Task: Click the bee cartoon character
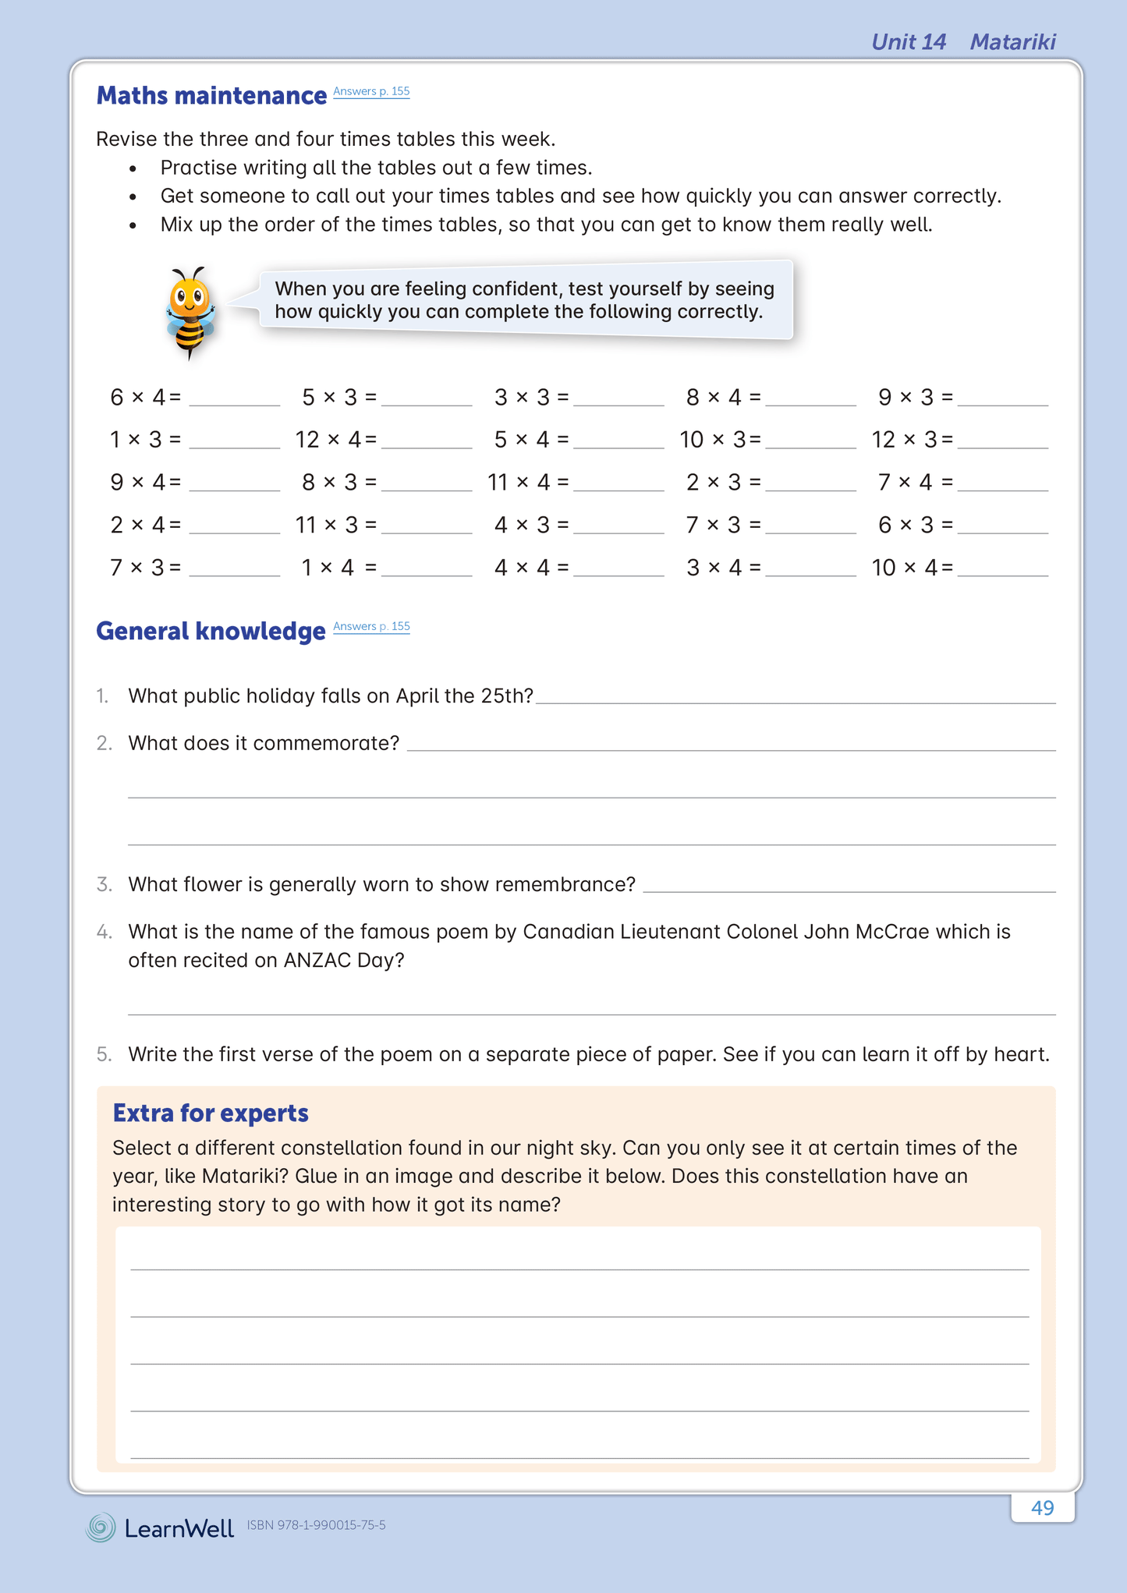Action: pyautogui.click(x=190, y=313)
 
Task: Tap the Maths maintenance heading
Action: pyautogui.click(x=211, y=96)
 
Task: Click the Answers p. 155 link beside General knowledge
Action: pyautogui.click(x=371, y=626)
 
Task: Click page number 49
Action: pyautogui.click(x=1042, y=1508)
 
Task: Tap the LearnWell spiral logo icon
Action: pyautogui.click(x=101, y=1528)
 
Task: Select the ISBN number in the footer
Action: pyautogui.click(x=316, y=1525)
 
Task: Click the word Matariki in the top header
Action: pyautogui.click(x=1012, y=42)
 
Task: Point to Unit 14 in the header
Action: pyautogui.click(x=909, y=42)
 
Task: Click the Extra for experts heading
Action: pyautogui.click(x=211, y=1113)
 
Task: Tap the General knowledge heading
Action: pyautogui.click(x=211, y=631)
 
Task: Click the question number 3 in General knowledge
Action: pyautogui.click(x=104, y=885)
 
